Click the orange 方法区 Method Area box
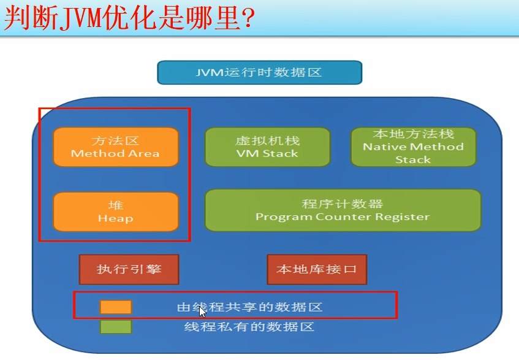[x=116, y=147]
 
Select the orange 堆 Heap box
[x=116, y=212]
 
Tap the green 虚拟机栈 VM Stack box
[x=268, y=147]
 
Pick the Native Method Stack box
[x=414, y=147]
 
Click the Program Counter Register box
[x=343, y=210]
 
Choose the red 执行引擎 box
[x=129, y=270]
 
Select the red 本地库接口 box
[x=317, y=270]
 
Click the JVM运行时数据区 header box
[x=260, y=72]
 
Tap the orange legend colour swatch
[x=116, y=307]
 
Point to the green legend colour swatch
[x=116, y=327]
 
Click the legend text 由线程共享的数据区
[x=250, y=307]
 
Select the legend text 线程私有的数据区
[x=249, y=327]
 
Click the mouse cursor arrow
[x=202, y=312]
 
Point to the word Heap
[x=116, y=218]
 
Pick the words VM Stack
[x=267, y=153]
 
